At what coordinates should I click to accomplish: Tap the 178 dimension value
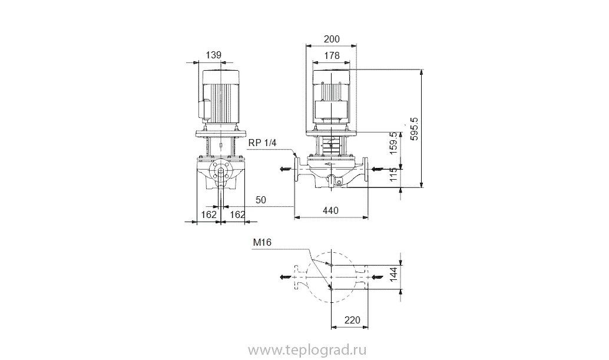point(332,55)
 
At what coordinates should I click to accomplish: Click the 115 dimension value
point(395,175)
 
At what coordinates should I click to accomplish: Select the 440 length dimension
point(331,210)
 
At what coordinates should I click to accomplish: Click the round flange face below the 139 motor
point(220,171)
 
